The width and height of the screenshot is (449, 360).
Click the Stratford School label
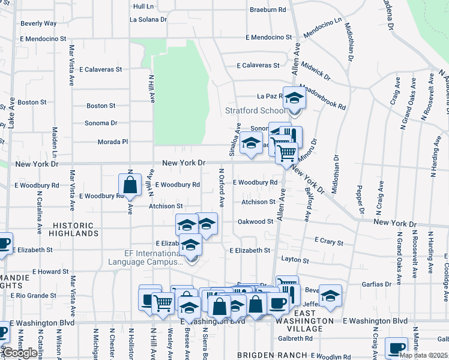(256, 110)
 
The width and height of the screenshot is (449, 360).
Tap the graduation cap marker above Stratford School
(295, 98)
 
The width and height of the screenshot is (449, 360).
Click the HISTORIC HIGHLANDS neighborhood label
(73, 228)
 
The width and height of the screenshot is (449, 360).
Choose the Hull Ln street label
(143, 6)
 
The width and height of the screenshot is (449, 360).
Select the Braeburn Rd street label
(268, 10)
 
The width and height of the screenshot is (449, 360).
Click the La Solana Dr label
(148, 19)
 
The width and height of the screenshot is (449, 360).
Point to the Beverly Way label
(38, 23)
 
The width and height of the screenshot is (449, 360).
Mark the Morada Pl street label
(113, 142)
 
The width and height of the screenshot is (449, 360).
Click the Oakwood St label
(256, 222)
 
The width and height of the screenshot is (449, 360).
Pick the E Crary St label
(329, 242)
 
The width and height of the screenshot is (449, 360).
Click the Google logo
(20, 353)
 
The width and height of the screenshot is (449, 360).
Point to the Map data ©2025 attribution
(423, 355)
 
